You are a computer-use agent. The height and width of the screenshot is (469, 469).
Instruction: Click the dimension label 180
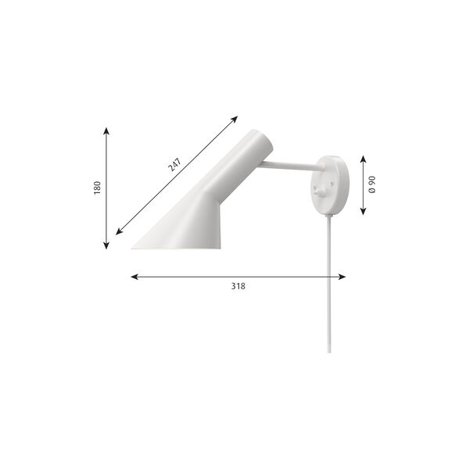pos(98,188)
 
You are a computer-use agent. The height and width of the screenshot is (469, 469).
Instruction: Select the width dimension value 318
pos(238,286)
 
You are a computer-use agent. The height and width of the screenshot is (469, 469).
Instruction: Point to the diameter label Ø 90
pos(373,185)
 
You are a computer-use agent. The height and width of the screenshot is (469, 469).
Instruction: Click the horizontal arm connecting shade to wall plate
pos(289,165)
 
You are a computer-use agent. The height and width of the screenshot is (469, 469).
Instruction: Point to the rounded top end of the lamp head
pos(262,141)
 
